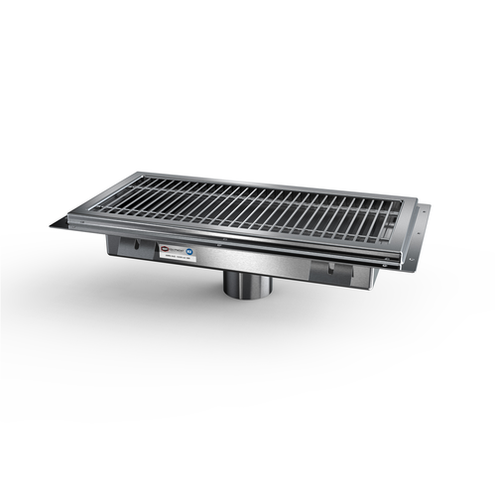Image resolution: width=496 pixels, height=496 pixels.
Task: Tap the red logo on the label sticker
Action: pos(163,252)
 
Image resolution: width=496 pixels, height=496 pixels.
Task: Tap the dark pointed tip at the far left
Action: pos(56,224)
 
